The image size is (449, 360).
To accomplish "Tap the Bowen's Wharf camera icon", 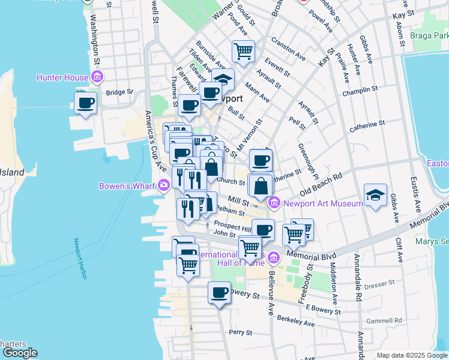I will click(x=164, y=185).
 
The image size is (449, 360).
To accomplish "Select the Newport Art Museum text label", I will click(x=323, y=203).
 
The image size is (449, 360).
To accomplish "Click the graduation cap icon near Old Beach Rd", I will click(x=375, y=196).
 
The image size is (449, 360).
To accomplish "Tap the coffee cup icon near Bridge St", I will click(x=85, y=103).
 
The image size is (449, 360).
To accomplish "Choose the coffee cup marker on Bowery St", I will click(x=219, y=293).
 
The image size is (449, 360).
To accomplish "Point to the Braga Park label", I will click(x=430, y=35).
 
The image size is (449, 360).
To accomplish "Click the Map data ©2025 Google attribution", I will click(x=412, y=355).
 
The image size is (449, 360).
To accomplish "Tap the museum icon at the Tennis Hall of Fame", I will click(x=274, y=258).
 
